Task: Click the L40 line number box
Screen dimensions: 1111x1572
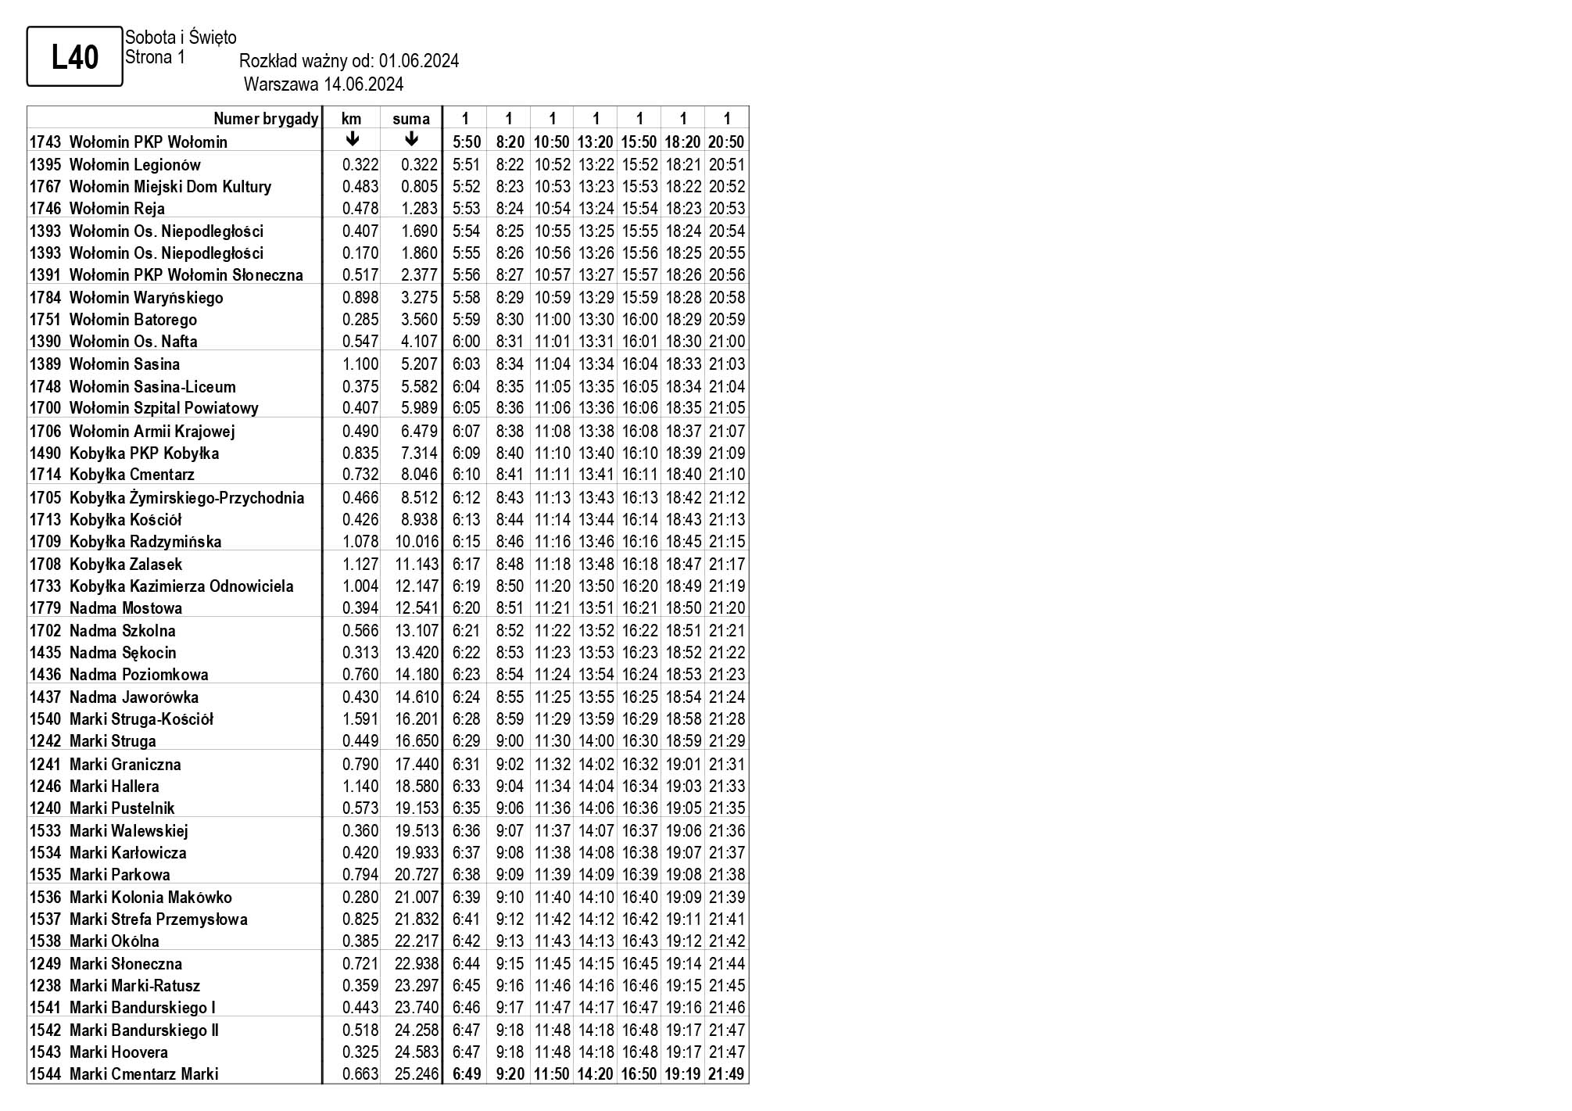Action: pos(75,56)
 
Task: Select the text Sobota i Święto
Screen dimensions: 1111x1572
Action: pos(181,37)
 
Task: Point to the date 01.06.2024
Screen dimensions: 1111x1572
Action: pos(419,61)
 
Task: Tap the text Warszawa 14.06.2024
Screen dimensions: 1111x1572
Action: pos(324,84)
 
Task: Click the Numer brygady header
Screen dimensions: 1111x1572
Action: pos(266,119)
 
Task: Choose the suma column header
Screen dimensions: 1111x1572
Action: pos(411,119)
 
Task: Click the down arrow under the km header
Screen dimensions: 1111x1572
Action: pos(353,140)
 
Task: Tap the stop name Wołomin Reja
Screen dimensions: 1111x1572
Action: pos(116,209)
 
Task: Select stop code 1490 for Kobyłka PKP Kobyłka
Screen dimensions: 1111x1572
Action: pos(45,453)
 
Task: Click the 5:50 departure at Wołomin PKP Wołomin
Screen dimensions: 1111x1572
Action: pos(467,142)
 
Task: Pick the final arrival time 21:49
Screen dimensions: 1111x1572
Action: pos(726,1074)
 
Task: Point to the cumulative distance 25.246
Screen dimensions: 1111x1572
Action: pos(417,1074)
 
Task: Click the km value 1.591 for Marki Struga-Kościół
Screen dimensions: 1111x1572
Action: pos(360,719)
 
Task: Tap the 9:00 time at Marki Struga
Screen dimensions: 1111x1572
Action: pos(510,741)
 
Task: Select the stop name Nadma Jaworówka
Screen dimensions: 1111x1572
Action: pos(134,697)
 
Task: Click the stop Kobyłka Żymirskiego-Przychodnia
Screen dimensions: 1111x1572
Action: pos(186,498)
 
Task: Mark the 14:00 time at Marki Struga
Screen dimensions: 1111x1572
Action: pos(596,741)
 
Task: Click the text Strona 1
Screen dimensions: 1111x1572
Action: pos(156,57)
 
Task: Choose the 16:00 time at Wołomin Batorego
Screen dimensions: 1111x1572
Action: pos(639,320)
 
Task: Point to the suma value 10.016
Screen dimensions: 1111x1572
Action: pos(417,542)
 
